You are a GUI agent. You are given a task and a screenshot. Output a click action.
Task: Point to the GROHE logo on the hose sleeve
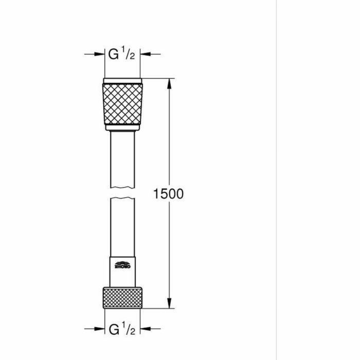(123, 266)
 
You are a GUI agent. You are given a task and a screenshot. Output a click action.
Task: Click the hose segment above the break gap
(123, 159)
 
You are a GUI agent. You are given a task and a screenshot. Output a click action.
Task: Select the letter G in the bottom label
(114, 328)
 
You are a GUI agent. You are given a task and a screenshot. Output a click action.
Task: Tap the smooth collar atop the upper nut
(123, 81)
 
